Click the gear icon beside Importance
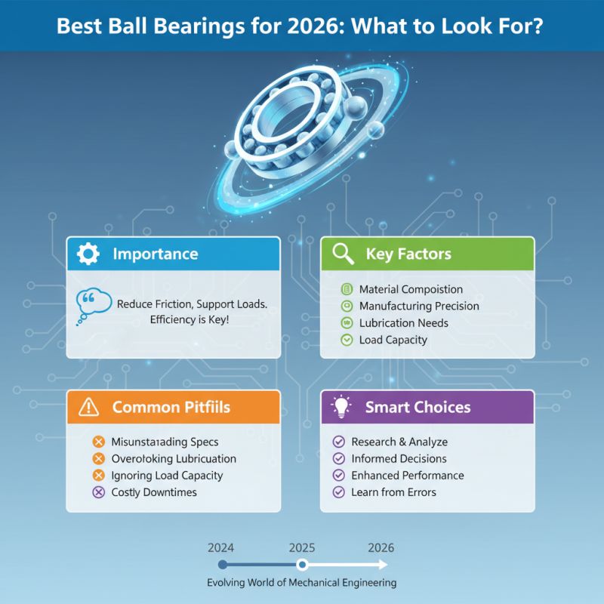click(88, 254)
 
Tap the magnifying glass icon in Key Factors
click(343, 254)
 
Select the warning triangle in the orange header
click(88, 408)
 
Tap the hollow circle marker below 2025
click(302, 565)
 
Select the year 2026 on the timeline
click(381, 548)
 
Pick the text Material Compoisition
click(411, 289)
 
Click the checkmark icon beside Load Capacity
click(347, 340)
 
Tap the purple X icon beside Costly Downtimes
click(97, 492)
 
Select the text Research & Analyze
click(399, 442)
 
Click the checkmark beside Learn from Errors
click(339, 492)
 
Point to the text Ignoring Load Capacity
click(167, 476)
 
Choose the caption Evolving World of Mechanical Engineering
click(302, 583)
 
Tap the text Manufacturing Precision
click(419, 306)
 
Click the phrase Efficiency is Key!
click(193, 320)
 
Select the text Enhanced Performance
click(408, 476)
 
